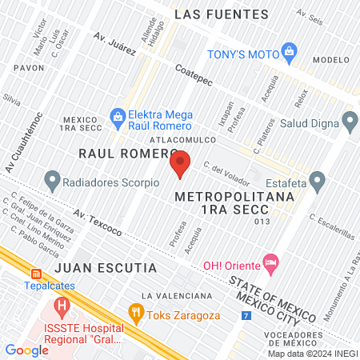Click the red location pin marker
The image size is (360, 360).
click(181, 163)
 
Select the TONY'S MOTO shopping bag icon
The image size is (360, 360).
click(290, 54)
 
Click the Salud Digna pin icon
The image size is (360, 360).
click(349, 121)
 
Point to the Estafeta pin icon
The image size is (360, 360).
click(318, 181)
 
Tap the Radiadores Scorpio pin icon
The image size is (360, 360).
click(53, 181)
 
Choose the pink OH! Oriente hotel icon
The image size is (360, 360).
click(272, 262)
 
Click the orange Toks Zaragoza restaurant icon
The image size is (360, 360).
click(136, 314)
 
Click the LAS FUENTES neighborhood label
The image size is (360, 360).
click(232, 14)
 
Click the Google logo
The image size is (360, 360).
click(26, 350)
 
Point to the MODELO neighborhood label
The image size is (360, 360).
click(332, 60)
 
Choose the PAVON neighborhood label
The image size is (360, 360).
click(28, 68)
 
